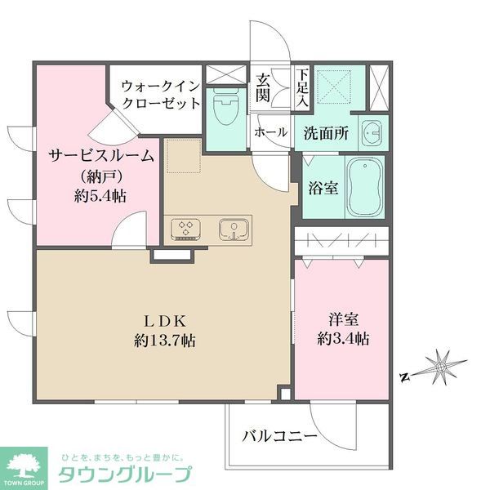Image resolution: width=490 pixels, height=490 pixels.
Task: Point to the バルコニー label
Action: (x=279, y=438)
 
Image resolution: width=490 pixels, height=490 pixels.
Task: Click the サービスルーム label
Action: (x=100, y=155)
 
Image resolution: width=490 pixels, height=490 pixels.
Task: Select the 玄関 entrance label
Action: (x=263, y=88)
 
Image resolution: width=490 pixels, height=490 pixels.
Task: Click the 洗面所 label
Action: (x=327, y=132)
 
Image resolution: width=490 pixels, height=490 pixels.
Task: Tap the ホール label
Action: (x=270, y=132)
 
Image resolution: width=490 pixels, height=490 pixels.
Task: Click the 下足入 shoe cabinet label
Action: (x=301, y=88)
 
